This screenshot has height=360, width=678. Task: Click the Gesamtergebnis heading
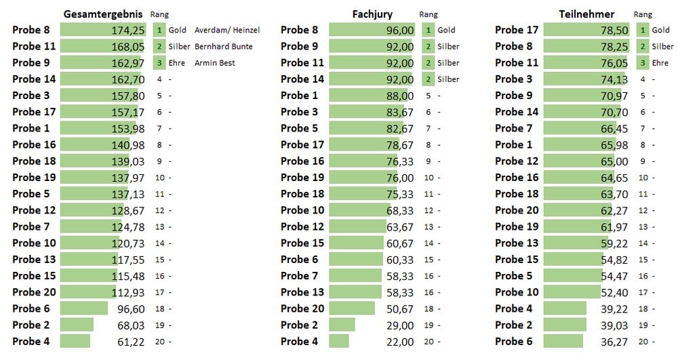click(x=102, y=14)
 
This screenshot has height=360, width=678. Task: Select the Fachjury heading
click(x=372, y=14)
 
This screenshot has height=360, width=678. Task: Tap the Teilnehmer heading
click(x=586, y=14)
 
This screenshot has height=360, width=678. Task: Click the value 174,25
click(x=128, y=30)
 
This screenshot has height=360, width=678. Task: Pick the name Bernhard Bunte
click(x=223, y=46)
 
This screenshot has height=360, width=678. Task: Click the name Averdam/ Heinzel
click(x=226, y=30)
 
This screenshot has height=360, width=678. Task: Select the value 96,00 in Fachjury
click(x=400, y=30)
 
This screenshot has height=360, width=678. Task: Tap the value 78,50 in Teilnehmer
click(x=614, y=30)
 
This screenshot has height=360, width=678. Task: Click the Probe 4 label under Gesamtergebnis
click(x=31, y=341)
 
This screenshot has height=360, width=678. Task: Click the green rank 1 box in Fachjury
click(x=428, y=30)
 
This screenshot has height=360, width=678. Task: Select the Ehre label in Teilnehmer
click(x=660, y=62)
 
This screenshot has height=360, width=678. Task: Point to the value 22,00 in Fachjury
click(x=400, y=341)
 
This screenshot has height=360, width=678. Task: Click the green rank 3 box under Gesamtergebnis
click(x=159, y=62)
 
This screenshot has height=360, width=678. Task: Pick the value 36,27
click(x=614, y=341)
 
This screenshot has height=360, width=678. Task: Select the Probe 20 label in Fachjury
click(x=302, y=308)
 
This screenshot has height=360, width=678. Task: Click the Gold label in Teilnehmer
click(x=660, y=30)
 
